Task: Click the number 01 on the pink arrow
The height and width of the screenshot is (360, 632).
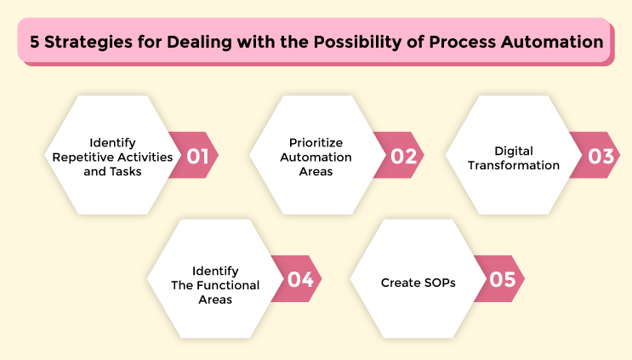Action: pos(198,156)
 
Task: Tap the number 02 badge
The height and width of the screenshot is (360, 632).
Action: pos(402,156)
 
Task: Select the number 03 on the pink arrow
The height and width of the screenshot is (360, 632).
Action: pos(600,156)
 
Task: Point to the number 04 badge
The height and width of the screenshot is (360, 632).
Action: pos(300,279)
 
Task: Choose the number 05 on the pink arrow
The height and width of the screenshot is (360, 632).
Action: pos(504,279)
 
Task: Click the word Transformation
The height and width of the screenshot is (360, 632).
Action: pos(514,164)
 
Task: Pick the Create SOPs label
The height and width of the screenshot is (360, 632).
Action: pos(418,282)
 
